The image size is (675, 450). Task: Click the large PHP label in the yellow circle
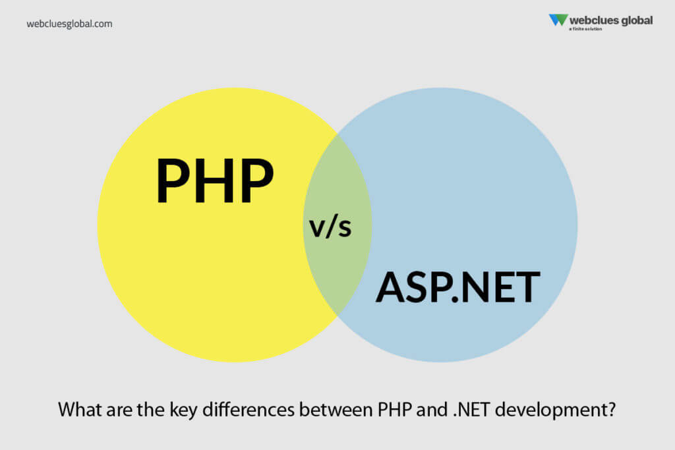(x=215, y=181)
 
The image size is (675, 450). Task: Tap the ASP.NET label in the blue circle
(x=457, y=287)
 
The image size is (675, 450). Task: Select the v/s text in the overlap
(x=330, y=227)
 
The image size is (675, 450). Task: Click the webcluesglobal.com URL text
(x=69, y=24)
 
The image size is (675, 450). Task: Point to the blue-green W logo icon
(x=558, y=20)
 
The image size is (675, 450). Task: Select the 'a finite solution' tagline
(x=585, y=29)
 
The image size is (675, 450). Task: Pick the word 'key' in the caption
(x=183, y=410)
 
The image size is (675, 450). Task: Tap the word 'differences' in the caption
(x=249, y=409)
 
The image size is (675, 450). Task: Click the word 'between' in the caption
(x=336, y=409)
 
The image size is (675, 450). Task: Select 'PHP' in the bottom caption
(x=395, y=410)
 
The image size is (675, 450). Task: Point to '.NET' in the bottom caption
(x=471, y=410)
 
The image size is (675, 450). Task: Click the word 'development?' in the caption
(x=555, y=410)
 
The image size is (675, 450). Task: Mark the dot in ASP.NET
(x=455, y=300)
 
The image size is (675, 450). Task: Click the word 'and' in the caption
(x=432, y=409)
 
